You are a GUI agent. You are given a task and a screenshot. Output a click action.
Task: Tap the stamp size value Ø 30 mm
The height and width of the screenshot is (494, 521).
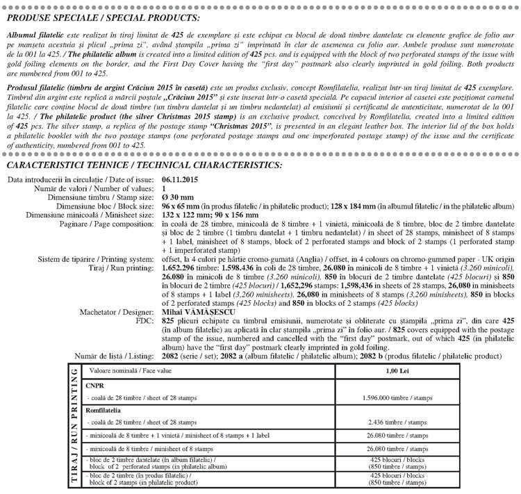click(174, 197)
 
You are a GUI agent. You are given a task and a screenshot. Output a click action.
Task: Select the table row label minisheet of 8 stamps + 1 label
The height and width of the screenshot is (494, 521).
click(179, 436)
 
